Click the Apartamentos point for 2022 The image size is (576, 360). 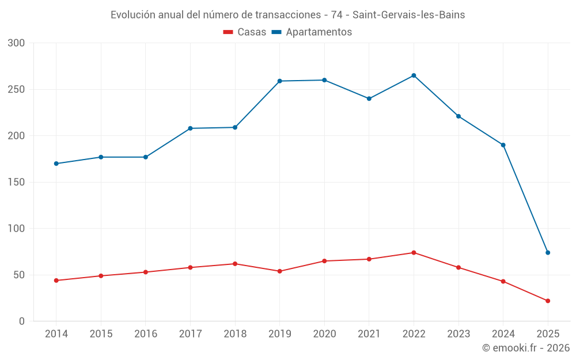[x=414, y=75]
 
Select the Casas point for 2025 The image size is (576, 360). [x=548, y=301]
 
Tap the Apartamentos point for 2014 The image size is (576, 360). [x=56, y=164]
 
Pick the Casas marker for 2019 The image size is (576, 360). [x=279, y=271]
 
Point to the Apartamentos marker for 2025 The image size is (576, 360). [x=548, y=252]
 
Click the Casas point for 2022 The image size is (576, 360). [x=414, y=252]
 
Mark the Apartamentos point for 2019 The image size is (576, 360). [x=279, y=81]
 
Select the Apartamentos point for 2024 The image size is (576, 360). [x=503, y=145]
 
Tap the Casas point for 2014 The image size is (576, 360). [x=56, y=281]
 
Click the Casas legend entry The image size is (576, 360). [x=245, y=32]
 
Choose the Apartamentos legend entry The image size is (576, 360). [x=312, y=32]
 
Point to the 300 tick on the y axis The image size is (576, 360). [x=17, y=43]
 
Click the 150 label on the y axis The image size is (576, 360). [x=17, y=183]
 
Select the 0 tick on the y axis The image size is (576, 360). [x=21, y=321]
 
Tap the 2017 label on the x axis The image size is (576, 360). [x=190, y=334]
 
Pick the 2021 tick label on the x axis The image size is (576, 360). [x=369, y=334]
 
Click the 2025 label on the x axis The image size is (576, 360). [x=548, y=334]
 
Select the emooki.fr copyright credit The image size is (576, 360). [x=526, y=348]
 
